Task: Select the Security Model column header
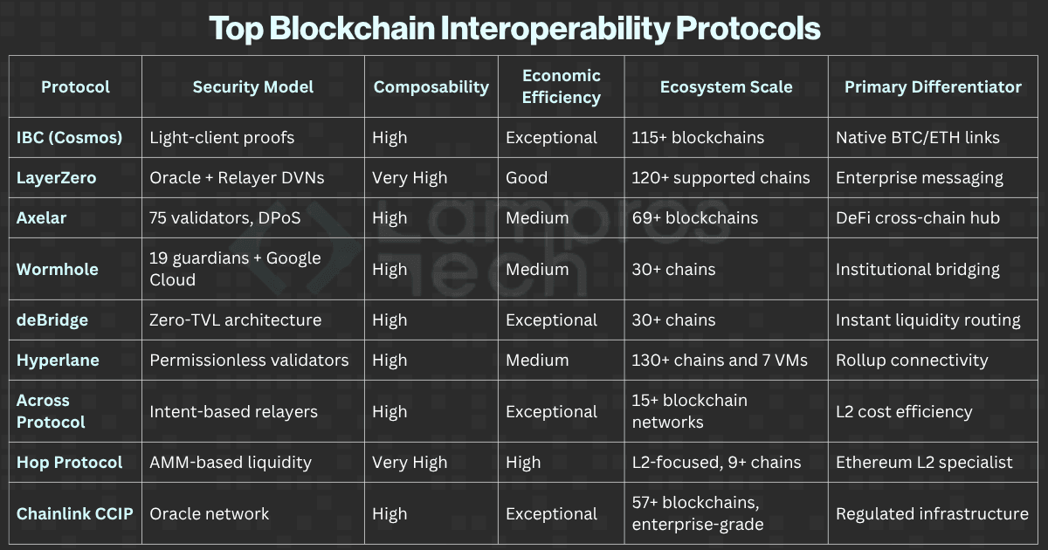pyautogui.click(x=253, y=86)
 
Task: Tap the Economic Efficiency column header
pyautogui.click(x=562, y=86)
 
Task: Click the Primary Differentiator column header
pyautogui.click(x=933, y=86)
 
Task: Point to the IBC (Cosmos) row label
pyautogui.click(x=70, y=138)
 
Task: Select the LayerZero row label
pyautogui.click(x=57, y=178)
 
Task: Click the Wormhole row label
pyautogui.click(x=58, y=269)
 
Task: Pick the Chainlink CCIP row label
pyautogui.click(x=75, y=513)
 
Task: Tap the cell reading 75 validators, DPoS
pyautogui.click(x=225, y=218)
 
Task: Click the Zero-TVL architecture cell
pyautogui.click(x=236, y=320)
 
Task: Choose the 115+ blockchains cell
pyautogui.click(x=698, y=138)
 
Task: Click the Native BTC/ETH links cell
pyautogui.click(x=918, y=138)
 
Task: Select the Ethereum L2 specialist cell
pyautogui.click(x=924, y=462)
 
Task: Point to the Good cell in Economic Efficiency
pyautogui.click(x=527, y=178)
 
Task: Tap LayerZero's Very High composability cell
pyautogui.click(x=410, y=178)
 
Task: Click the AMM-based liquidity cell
pyautogui.click(x=231, y=462)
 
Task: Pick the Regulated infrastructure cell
pyautogui.click(x=932, y=513)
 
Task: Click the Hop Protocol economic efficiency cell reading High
pyautogui.click(x=523, y=462)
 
